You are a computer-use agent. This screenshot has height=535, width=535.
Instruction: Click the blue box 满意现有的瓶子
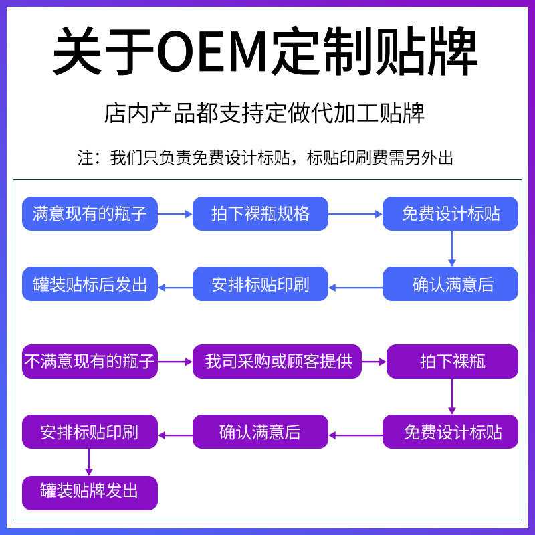[x=90, y=214]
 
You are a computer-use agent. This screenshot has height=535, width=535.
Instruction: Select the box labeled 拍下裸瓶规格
[x=261, y=214]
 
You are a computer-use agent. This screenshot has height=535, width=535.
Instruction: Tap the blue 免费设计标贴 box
[x=451, y=214]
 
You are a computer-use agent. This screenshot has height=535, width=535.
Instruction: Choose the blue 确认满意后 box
[x=451, y=284]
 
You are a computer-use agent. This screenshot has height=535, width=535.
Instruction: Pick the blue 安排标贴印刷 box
[x=261, y=284]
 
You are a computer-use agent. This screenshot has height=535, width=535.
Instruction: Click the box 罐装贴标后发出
[x=90, y=284]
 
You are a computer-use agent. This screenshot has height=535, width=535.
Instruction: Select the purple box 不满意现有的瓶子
[x=90, y=362]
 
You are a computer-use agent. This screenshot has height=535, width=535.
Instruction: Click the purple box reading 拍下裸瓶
[x=453, y=362]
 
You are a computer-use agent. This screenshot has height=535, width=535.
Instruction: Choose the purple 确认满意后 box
[x=261, y=432]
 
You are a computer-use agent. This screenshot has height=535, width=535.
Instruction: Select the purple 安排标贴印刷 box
[x=90, y=432]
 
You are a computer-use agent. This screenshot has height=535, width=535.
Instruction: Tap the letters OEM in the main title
[x=209, y=52]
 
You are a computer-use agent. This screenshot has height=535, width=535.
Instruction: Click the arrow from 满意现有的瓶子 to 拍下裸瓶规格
[x=175, y=214]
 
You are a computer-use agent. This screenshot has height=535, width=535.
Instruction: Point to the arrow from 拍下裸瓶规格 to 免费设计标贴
[x=355, y=214]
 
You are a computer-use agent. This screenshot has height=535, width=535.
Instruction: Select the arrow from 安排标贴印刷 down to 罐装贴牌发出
[x=89, y=462]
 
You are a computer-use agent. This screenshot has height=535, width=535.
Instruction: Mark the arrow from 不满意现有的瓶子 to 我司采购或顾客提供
[x=175, y=362]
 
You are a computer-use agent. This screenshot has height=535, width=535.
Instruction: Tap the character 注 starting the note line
[x=85, y=158]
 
